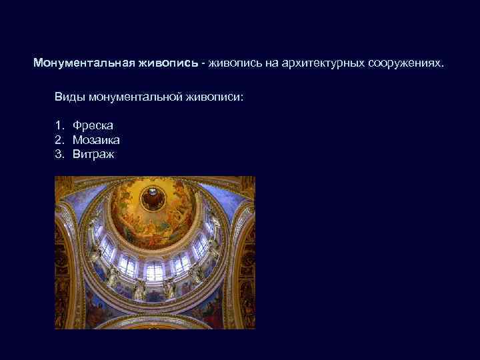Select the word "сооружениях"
[x=403, y=63]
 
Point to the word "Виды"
[x=68, y=97]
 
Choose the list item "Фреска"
[x=93, y=125]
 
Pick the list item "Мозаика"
[x=96, y=140]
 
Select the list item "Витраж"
[x=93, y=155]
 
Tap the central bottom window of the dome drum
[x=155, y=271]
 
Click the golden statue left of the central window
[x=139, y=288]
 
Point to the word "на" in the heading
[x=255, y=63]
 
